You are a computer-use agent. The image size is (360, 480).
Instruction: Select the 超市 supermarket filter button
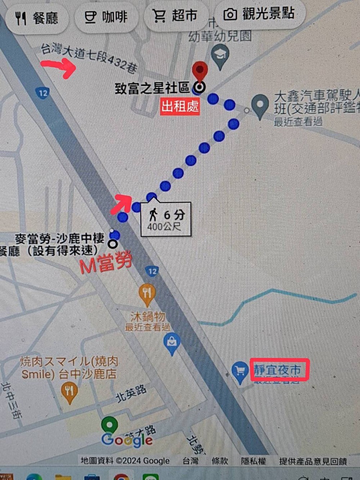coord(175,15)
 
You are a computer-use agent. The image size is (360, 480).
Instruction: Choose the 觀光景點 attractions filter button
coord(259,14)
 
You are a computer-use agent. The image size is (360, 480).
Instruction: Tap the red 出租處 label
coord(180,106)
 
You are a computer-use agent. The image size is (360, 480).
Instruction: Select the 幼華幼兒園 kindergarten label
coord(220,36)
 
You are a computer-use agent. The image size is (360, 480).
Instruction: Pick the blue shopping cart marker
coord(239,371)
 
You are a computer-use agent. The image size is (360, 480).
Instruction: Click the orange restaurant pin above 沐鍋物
coord(147,293)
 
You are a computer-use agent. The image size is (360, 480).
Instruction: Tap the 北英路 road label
coord(131,393)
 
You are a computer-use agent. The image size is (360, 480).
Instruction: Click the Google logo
coord(127,439)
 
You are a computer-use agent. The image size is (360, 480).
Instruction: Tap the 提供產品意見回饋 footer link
coord(312,461)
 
